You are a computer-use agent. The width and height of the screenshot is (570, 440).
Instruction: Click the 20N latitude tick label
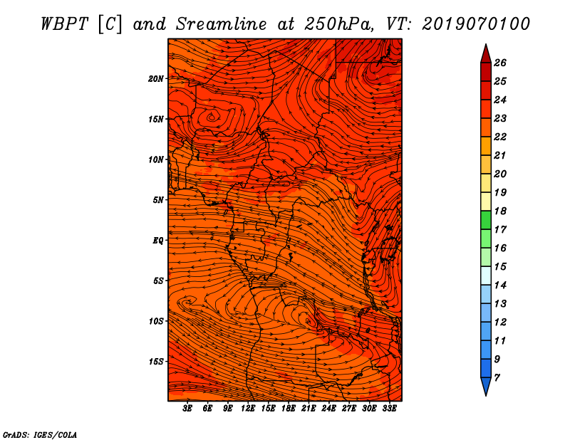155,79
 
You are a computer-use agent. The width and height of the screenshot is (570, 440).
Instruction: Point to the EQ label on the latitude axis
157,241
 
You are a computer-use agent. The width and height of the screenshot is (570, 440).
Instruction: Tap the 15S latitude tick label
155,362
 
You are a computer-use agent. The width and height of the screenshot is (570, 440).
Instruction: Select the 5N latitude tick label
157,200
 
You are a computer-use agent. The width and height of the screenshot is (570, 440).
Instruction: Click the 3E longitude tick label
187,408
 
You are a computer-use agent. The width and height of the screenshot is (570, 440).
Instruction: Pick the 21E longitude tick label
309,408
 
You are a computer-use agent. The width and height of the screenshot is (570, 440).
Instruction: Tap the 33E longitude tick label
389,408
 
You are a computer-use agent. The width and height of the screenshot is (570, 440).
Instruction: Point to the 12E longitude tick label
248,408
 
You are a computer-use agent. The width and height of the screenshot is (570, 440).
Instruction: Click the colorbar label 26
500,63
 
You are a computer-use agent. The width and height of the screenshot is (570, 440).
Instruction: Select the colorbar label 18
500,211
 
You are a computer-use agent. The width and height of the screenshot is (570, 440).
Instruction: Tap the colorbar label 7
497,378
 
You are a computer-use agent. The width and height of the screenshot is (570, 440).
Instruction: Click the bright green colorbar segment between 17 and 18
486,220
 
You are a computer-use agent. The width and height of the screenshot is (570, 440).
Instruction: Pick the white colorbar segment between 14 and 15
486,276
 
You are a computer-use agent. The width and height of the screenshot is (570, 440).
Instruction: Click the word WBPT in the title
64,24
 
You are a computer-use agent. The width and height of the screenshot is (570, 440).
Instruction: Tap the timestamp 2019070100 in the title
476,24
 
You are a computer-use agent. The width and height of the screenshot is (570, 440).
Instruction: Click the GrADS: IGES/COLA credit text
40,435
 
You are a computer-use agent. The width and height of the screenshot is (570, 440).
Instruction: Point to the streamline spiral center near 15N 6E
212,117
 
